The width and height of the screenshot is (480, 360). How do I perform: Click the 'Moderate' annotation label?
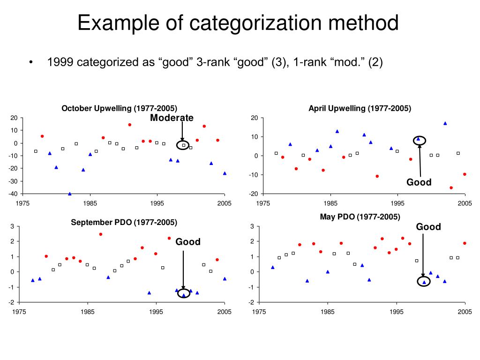(172, 118)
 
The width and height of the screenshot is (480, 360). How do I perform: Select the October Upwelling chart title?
(120, 108)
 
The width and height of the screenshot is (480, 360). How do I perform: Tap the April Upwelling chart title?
(360, 108)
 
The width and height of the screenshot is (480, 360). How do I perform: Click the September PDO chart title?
(124, 222)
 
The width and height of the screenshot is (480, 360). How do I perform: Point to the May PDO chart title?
(360, 217)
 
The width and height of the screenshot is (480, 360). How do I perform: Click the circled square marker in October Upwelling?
(184, 145)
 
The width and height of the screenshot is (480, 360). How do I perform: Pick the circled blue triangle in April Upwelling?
(418, 139)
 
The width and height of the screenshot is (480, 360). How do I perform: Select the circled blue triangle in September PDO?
(183, 295)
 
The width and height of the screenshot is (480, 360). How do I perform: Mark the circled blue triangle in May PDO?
(424, 282)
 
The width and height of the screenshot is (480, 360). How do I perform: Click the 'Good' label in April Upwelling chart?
(419, 182)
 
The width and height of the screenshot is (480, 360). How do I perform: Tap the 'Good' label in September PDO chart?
(188, 242)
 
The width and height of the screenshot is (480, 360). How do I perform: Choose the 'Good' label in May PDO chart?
(428, 227)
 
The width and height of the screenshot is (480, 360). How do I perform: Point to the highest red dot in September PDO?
(100, 234)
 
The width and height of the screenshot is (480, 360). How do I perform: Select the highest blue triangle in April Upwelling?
(445, 123)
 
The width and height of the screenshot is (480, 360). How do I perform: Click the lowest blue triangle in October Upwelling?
(70, 194)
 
